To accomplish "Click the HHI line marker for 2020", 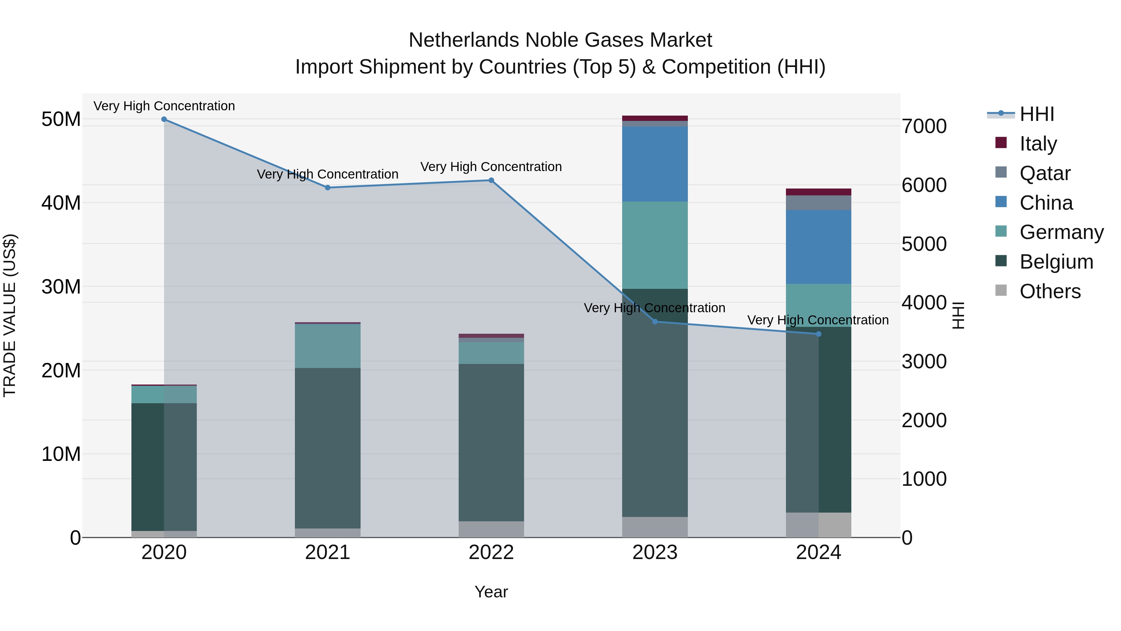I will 164,119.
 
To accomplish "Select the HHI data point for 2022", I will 491,180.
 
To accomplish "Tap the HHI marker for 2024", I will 819,334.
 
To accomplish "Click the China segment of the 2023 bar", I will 655,164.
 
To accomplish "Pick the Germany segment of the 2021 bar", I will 328,346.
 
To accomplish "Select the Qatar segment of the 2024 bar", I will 819,203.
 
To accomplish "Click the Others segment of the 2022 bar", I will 491,529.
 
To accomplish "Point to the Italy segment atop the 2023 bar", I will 655,118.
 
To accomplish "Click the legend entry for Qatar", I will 1044,173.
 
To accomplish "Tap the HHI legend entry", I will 1037,115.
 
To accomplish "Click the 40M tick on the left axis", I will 61,203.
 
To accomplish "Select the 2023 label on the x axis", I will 655,552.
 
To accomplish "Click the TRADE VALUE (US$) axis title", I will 10,315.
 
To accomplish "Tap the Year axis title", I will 491,592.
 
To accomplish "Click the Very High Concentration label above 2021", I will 328,174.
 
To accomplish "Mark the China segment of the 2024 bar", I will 819,247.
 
